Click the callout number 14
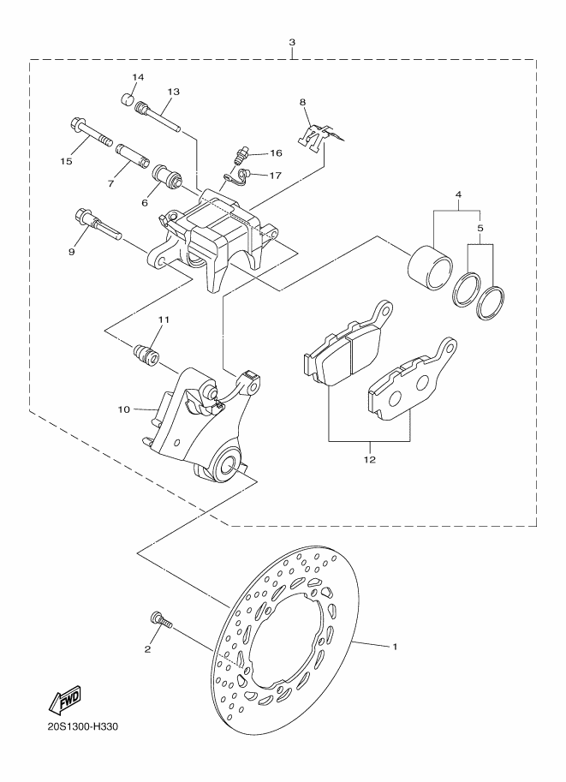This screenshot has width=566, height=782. pos(138,78)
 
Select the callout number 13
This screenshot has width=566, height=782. pos(173,91)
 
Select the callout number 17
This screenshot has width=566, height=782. pos(275,176)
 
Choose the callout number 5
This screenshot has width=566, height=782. pos(480,229)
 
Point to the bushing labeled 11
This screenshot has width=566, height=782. pos(145,352)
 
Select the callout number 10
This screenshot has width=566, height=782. pos(123,409)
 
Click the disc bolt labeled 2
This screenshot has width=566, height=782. pos(160,619)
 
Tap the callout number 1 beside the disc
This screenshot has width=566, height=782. pos(396,647)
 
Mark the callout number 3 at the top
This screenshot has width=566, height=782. pos(293,42)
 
